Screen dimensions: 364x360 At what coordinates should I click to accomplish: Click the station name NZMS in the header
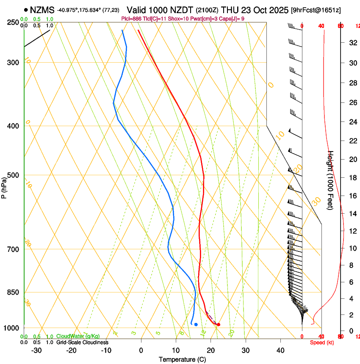[42, 9]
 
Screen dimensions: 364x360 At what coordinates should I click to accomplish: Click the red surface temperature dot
[218, 325]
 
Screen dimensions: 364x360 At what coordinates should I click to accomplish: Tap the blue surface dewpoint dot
[196, 325]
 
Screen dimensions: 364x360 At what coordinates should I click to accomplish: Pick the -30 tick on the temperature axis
[36, 350]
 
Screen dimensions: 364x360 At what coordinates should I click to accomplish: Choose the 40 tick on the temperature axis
[280, 350]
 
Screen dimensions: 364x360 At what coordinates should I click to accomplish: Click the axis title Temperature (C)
[182, 359]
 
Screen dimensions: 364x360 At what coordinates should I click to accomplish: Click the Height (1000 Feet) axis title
[331, 180]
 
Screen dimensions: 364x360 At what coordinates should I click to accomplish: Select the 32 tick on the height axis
[352, 43]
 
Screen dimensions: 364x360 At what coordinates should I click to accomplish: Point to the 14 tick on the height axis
[352, 214]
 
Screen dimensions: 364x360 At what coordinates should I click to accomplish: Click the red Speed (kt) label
[322, 342]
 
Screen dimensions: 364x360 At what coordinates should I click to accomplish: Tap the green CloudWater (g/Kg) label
[78, 336]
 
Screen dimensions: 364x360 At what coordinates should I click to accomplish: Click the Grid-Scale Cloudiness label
[82, 342]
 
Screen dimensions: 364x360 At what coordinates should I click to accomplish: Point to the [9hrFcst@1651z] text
[316, 10]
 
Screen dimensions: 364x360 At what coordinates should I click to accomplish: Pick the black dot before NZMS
[26, 9]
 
